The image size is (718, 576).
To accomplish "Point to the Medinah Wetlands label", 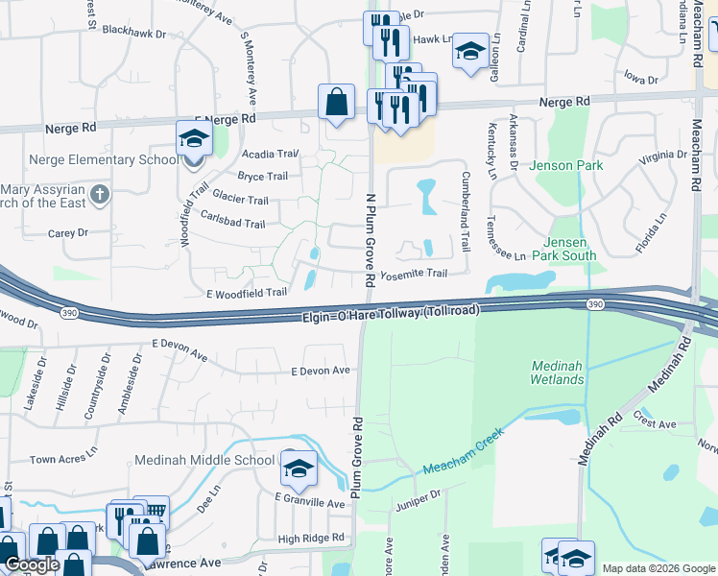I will tap(557, 372).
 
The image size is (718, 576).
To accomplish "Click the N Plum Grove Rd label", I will tap(370, 238).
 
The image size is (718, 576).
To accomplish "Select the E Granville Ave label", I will tap(309, 502).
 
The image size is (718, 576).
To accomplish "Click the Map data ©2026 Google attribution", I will tap(658, 568).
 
